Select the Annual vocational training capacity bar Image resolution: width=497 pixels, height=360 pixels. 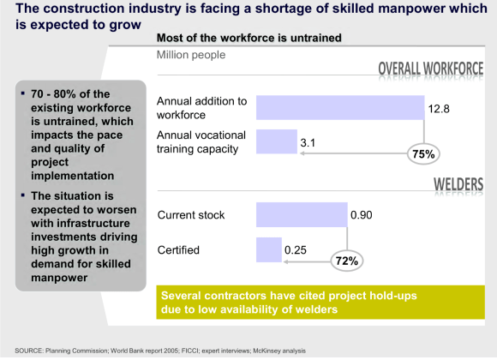click(x=275, y=141)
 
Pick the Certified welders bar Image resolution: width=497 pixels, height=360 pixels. click(x=268, y=250)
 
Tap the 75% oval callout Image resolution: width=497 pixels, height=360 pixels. click(x=425, y=154)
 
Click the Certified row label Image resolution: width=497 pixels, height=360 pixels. click(x=179, y=250)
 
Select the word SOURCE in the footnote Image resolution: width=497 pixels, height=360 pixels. click(x=19, y=351)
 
